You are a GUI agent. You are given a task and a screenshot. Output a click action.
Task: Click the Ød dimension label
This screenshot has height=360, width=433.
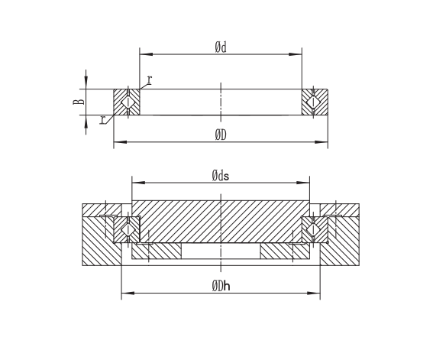coord(221,47)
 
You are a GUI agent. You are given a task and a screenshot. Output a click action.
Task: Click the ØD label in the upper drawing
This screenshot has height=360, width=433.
coord(221,135)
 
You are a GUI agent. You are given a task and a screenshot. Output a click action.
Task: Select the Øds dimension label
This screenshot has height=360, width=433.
coord(221,176)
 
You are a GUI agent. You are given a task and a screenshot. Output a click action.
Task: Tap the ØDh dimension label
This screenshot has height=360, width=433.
coord(221,286)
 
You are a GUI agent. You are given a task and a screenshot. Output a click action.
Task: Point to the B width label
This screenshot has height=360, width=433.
coord(79,102)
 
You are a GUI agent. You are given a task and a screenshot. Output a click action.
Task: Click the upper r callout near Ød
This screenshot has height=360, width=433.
coord(150,79)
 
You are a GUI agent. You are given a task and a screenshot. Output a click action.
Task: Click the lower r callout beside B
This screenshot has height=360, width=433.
coord(102,120)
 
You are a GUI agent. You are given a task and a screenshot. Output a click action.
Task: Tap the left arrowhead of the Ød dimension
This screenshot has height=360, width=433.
coord(146,54)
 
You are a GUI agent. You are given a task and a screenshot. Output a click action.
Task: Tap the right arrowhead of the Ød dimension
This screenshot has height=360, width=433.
coord(296,54)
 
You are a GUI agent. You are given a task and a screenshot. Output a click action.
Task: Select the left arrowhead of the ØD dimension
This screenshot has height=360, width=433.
coord(120,142)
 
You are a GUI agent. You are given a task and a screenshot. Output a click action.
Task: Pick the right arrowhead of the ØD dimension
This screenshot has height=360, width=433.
coord(322,142)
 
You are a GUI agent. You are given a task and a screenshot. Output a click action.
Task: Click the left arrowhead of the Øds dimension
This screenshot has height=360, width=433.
coord(138,183)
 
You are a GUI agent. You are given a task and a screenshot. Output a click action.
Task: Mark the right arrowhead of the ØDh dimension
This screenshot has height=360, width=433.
coord(314,293)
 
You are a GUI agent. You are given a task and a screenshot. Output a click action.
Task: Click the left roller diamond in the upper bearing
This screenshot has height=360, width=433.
coord(128,102)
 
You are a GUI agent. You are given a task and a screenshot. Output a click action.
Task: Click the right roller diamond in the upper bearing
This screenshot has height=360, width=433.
coord(313,102)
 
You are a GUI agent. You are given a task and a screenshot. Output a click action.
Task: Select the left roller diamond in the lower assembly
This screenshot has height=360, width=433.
coord(128,230)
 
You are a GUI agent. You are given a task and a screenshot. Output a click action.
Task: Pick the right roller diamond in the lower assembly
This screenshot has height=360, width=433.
coord(313,230)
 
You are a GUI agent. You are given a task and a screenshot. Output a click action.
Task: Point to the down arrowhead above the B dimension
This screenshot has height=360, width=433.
coord(86,83)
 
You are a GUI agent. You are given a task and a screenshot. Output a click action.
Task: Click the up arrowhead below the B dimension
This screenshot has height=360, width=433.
coord(86,122)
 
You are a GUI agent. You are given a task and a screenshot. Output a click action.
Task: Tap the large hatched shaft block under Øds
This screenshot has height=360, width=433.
coord(221,222)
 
